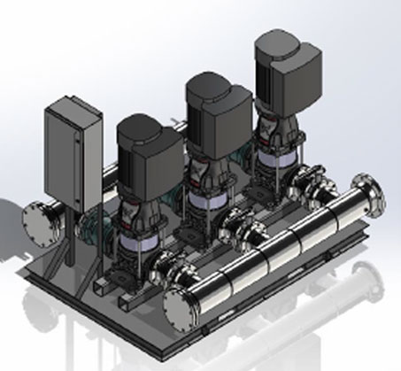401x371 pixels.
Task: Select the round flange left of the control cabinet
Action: [x=39, y=220]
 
